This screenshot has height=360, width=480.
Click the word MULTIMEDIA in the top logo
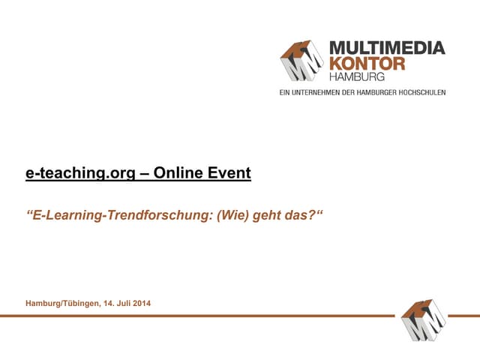(x=387, y=49)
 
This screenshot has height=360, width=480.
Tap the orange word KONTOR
(x=367, y=64)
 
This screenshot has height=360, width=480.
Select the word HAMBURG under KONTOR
(x=357, y=76)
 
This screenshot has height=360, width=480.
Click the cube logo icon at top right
(x=304, y=61)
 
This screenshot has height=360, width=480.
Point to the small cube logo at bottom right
(x=423, y=319)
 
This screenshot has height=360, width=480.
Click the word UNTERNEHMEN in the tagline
(x=324, y=92)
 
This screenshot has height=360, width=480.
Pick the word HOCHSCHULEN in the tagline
(x=421, y=92)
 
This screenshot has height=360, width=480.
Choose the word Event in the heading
(x=229, y=174)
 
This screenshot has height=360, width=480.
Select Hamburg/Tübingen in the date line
(x=61, y=303)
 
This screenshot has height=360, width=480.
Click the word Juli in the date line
(x=125, y=303)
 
